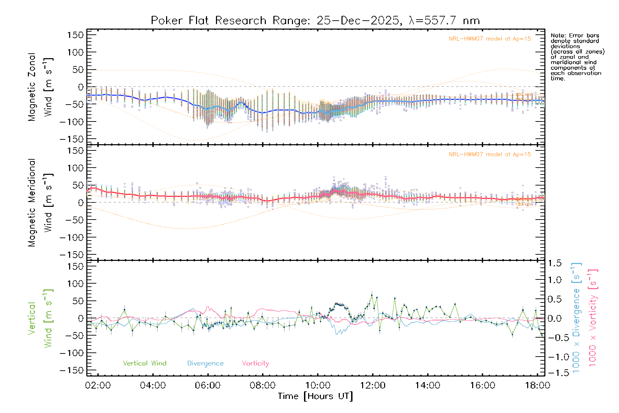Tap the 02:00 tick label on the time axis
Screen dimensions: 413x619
98,385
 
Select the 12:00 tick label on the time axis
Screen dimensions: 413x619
373,385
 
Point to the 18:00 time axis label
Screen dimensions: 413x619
537,385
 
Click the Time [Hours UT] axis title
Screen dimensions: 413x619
315,396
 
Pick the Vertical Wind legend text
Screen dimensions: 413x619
144,363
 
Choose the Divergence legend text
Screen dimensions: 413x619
205,363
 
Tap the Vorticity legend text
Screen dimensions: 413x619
255,363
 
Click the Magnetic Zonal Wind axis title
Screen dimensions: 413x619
40,87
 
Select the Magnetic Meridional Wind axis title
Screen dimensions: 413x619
40,203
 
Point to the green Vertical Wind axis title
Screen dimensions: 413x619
40,318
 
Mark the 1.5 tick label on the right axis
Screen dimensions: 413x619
554,263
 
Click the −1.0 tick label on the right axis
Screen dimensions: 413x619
554,357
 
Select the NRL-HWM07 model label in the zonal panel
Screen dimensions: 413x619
490,39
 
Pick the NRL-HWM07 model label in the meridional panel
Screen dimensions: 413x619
490,155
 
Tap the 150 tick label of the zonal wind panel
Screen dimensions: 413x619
76,35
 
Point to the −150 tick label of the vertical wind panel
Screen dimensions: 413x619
72,371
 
